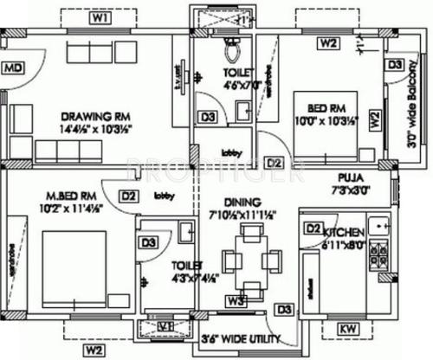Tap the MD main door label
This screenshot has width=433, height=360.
pos(12,67)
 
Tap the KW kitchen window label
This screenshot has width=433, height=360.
pos(347,328)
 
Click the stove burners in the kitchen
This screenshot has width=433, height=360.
pos(378,252)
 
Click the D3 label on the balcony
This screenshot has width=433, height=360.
pos(395,64)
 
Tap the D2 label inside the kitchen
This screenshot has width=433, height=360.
pos(313,228)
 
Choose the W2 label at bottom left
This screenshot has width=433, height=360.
pos(94,350)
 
